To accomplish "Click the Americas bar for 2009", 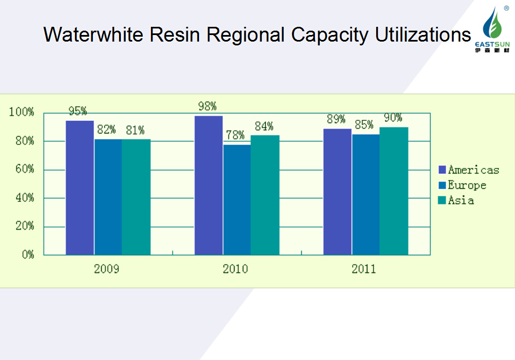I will pyautogui.click(x=80, y=188).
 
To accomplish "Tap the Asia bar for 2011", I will pyautogui.click(x=394, y=191).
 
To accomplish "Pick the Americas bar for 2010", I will pyautogui.click(x=208, y=185).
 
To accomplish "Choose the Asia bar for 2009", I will pyautogui.click(x=136, y=197).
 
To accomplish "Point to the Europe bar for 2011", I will pyautogui.click(x=365, y=194).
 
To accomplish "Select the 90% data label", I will pyautogui.click(x=393, y=118).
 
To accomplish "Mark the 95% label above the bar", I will pyautogui.click(x=78, y=111).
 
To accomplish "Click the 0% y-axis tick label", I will pyautogui.click(x=28, y=255).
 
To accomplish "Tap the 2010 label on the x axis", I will pyautogui.click(x=235, y=269).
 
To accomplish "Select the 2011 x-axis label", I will pyautogui.click(x=364, y=269).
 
